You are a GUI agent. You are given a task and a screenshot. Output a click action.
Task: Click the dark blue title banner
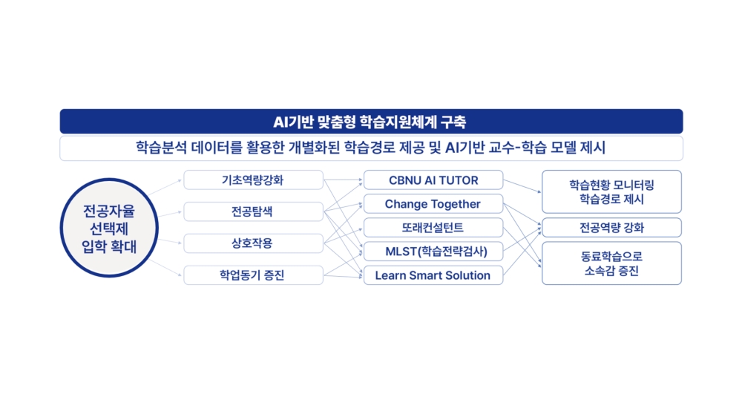tap(371, 122)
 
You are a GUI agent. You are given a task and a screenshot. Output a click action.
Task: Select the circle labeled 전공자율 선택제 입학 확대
tap(109, 228)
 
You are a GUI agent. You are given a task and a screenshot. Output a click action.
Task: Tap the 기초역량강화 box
tap(253, 180)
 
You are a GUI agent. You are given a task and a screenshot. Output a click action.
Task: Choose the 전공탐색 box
tap(253, 211)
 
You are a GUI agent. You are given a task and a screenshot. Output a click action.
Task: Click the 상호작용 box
tap(253, 243)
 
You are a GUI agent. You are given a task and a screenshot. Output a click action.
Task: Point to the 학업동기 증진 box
tap(253, 275)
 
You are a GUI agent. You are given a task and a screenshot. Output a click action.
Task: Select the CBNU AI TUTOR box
tap(433, 180)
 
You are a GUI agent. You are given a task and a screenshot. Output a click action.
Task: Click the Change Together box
tap(433, 203)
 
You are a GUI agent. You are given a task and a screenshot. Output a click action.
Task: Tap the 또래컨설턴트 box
tap(433, 228)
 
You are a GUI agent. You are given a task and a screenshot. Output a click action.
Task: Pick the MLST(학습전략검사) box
tap(433, 252)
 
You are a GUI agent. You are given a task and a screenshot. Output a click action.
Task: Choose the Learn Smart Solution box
tap(433, 275)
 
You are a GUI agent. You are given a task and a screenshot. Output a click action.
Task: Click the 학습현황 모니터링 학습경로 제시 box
tap(611, 191)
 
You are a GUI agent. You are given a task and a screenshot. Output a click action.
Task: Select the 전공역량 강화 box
tap(611, 228)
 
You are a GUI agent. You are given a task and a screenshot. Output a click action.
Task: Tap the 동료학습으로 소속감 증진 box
tap(611, 263)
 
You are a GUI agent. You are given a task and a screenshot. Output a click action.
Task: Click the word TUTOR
tap(459, 180)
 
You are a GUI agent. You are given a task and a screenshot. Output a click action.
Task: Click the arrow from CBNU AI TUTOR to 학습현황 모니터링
tap(522, 186)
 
